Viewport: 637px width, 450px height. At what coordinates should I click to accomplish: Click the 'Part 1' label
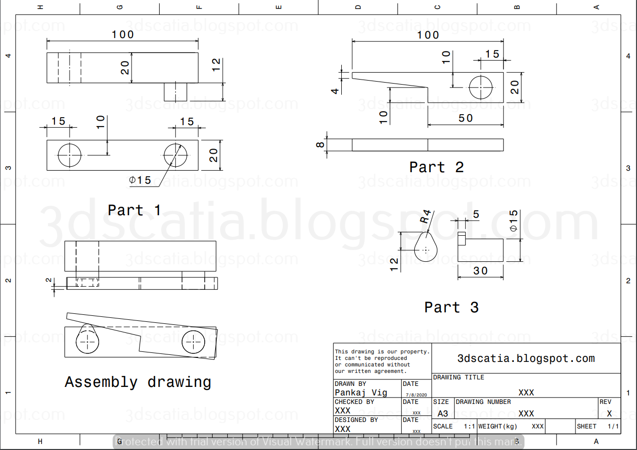134,210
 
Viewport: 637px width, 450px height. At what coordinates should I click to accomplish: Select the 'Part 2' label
436,167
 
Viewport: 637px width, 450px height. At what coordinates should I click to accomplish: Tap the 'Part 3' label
451,307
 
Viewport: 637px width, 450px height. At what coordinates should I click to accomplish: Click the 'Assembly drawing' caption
138,382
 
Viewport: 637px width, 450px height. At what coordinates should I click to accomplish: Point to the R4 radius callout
425,217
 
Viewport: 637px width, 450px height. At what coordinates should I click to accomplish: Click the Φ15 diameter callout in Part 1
140,180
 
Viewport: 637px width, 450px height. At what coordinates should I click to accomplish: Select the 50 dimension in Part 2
465,118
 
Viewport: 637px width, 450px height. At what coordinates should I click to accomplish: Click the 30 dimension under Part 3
480,271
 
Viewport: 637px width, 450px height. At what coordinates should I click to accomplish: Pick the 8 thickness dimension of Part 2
321,145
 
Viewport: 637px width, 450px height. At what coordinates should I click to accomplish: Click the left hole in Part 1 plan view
70,155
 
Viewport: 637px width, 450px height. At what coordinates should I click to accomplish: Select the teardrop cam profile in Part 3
425,248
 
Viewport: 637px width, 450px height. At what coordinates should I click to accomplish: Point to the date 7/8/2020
416,395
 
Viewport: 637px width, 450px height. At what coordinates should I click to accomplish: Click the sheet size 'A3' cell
442,414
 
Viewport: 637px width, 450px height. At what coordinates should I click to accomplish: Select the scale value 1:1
469,426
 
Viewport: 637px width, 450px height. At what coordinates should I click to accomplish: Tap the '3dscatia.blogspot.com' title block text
526,358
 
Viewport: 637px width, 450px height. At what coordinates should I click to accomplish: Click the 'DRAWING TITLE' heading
458,377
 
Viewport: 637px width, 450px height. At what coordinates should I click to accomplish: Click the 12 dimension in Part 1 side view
216,65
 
